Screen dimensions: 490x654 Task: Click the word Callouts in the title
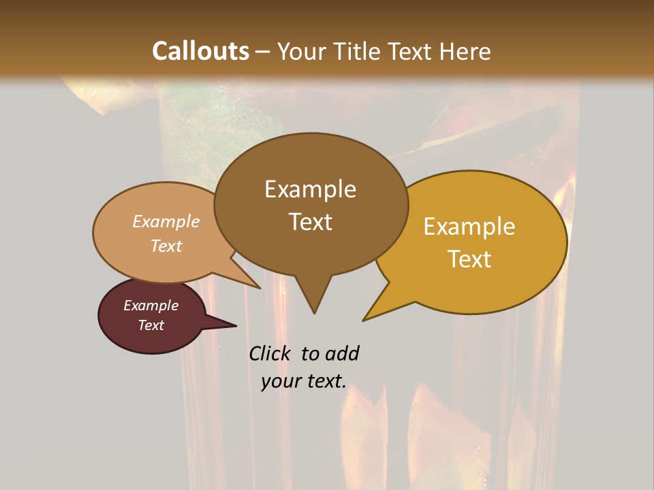(x=200, y=51)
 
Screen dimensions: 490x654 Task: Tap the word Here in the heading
(x=465, y=51)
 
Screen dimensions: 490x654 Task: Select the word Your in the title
(x=302, y=51)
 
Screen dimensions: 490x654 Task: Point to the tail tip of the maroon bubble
(x=235, y=325)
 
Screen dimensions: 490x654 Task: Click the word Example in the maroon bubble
(x=151, y=306)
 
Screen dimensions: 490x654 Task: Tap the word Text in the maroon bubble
(x=151, y=325)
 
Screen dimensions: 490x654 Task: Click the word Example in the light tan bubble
(x=166, y=222)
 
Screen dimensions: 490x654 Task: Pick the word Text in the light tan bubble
(x=166, y=246)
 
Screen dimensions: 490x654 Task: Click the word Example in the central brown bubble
(x=310, y=189)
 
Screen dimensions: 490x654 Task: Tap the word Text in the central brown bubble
(x=310, y=222)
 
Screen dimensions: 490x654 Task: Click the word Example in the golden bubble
(x=469, y=227)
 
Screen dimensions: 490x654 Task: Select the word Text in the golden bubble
(x=469, y=259)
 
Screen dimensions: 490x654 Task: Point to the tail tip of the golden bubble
(x=364, y=319)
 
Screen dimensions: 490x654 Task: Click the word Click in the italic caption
(x=271, y=353)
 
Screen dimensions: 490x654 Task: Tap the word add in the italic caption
(x=342, y=353)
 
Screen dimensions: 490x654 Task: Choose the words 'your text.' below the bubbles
(x=304, y=381)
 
